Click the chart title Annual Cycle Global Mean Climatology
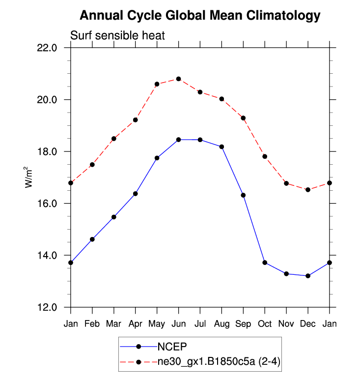point(200,16)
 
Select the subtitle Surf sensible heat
point(117,36)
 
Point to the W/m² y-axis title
point(29,177)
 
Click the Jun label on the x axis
point(178,323)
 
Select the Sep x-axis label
point(243,323)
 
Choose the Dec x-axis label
point(308,323)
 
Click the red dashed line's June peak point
point(178,79)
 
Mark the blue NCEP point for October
point(265,263)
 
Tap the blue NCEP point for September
point(243,195)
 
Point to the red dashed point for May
point(157,84)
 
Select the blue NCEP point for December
point(308,276)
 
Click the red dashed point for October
point(265,156)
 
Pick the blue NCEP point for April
point(136,194)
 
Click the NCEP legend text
point(172,347)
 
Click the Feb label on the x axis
point(92,323)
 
